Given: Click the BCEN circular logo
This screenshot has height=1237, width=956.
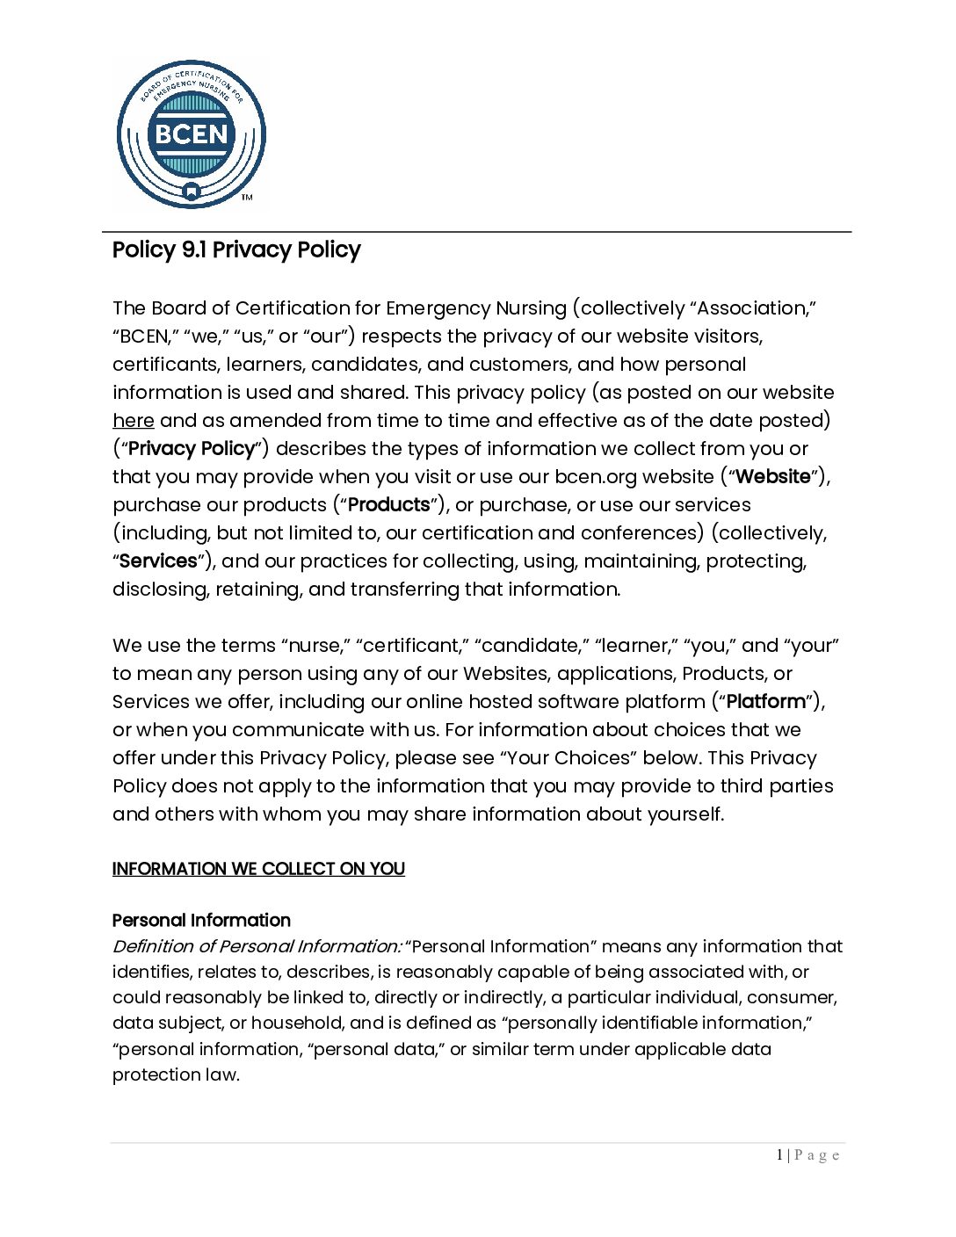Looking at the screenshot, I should pyautogui.click(x=191, y=134).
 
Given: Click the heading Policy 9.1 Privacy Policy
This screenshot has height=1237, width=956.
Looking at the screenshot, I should pyautogui.click(x=236, y=250).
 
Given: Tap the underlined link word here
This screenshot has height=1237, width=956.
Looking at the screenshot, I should pyautogui.click(x=133, y=421).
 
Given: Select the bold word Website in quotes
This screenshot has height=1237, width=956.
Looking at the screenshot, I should pyautogui.click(x=773, y=477).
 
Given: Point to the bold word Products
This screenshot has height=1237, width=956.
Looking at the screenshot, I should pyautogui.click(x=389, y=505).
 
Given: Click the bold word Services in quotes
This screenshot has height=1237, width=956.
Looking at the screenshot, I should pyautogui.click(x=158, y=561).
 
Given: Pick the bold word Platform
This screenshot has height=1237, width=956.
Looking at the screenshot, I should pyautogui.click(x=766, y=702).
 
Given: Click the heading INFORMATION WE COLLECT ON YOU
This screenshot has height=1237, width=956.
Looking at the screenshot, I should pyautogui.click(x=258, y=869).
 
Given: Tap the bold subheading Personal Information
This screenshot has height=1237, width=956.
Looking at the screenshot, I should pyautogui.click(x=201, y=921).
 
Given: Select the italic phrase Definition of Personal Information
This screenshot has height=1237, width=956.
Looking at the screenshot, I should pyautogui.click(x=257, y=947).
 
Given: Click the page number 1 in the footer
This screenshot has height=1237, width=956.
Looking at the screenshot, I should pyautogui.click(x=779, y=1155).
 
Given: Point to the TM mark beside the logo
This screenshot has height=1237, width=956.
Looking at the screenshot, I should pyautogui.click(x=247, y=198).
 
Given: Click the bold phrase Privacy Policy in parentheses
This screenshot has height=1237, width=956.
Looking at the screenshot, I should pyautogui.click(x=191, y=449).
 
